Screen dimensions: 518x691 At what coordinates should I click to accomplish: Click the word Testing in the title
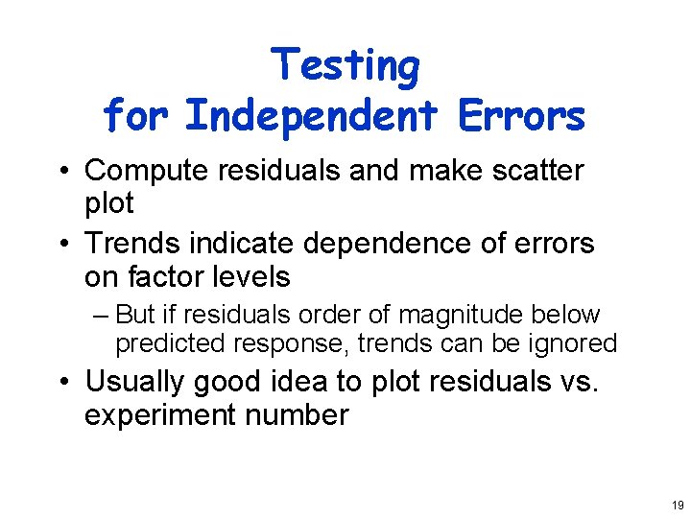pyautogui.click(x=345, y=67)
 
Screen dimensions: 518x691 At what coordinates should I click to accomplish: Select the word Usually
pyautogui.click(x=135, y=382)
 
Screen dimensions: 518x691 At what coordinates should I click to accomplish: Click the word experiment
pyautogui.click(x=164, y=416)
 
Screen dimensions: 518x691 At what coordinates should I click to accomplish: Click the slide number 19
pyautogui.click(x=678, y=505)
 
